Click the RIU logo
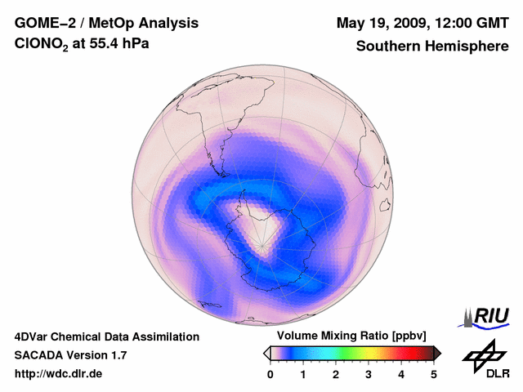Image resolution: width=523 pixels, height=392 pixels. tap(486, 317)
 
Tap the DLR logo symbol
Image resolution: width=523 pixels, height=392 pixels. tap(484, 354)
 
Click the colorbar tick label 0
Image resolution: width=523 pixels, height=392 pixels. tap(270, 374)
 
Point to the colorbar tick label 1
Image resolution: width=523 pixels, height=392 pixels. tap(303, 374)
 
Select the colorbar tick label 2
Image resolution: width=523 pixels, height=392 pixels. tap(336, 374)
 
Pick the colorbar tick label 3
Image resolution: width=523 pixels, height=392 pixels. tap(369, 374)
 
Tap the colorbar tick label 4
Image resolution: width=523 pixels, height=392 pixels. tap(401, 374)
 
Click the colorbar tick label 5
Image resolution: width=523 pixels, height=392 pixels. tap(434, 374)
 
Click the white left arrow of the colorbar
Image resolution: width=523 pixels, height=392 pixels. tap(266, 353)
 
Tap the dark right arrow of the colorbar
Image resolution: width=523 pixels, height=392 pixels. tap(437, 353)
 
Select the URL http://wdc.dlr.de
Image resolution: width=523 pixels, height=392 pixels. tap(59, 374)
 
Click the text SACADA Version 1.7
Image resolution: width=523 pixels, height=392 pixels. tap(70, 355)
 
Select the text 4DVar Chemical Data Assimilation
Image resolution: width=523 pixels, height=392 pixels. tap(107, 336)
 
